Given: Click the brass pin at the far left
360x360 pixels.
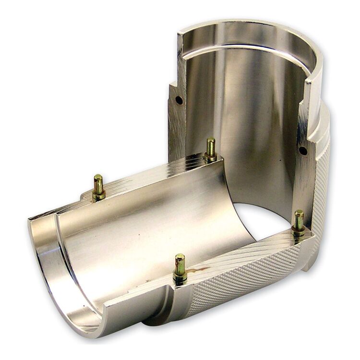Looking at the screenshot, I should point(98,187).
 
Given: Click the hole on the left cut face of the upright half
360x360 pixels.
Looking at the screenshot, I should point(179,100).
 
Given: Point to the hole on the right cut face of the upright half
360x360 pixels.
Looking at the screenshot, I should point(303,150).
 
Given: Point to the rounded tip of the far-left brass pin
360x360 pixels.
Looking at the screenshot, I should point(98,178).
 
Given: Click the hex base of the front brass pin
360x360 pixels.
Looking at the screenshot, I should point(180,277).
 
